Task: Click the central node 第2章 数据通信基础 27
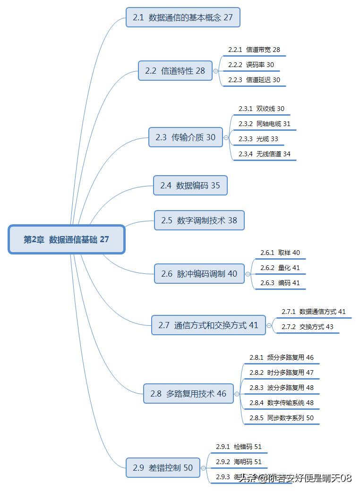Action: pos(66,239)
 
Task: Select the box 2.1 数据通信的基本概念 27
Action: pos(183,17)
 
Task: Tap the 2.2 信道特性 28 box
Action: pos(175,71)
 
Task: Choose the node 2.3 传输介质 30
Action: pos(185,137)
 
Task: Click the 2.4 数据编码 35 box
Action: pos(190,186)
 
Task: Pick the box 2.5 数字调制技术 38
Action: pos(199,220)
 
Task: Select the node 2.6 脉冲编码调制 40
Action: pos(199,274)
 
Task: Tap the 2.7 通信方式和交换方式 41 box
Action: pos(208,325)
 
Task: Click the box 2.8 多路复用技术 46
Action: pos(188,393)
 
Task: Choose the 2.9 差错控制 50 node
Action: pos(163,468)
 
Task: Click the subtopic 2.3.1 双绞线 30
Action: pos(261,109)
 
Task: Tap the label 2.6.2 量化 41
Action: pos(280,268)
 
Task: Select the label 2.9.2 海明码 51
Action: pos(239,462)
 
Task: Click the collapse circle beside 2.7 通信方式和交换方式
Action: pos(269,325)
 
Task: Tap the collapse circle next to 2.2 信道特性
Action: pos(216,71)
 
